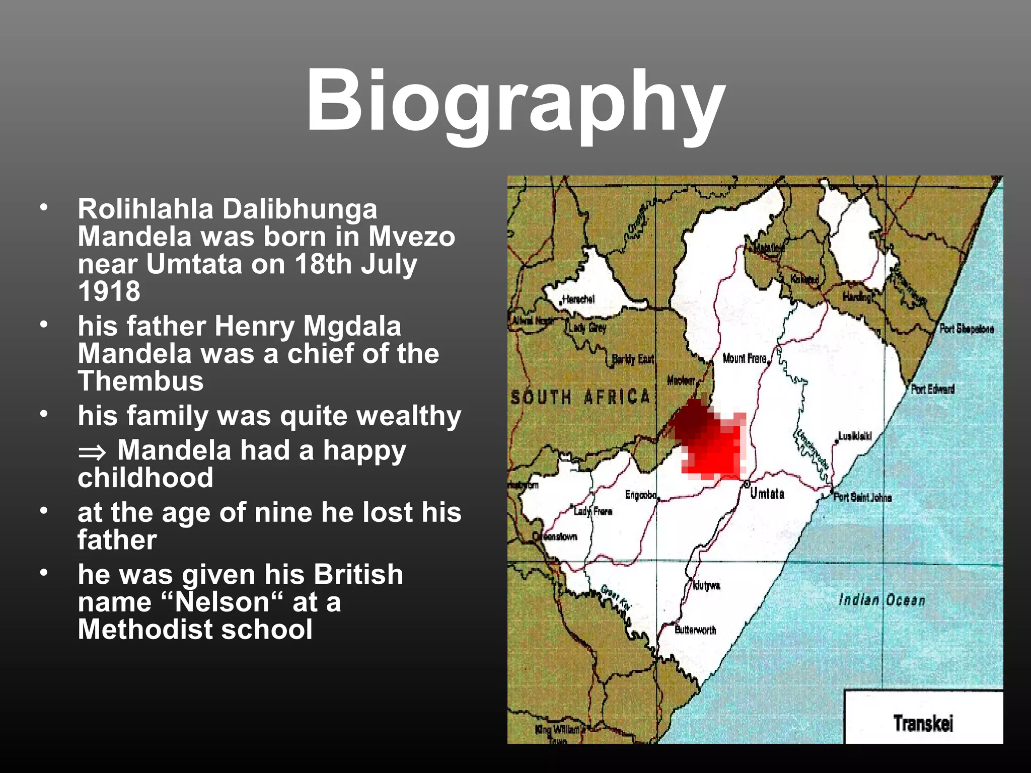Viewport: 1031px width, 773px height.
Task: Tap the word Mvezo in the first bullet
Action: pos(411,237)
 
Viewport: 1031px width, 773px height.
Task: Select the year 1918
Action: pos(109,291)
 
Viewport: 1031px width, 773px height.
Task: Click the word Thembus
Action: pos(140,381)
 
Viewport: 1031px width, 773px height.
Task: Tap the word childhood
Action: pos(145,478)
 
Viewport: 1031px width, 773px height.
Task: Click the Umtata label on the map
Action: pos(767,494)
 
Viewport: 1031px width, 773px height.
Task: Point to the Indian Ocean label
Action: pos(881,600)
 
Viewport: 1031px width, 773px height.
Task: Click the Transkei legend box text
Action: pos(923,723)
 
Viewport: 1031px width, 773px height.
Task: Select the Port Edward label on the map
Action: pos(932,389)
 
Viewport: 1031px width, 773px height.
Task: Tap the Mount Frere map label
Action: pos(745,358)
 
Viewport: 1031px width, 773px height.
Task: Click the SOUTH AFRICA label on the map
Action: pos(580,398)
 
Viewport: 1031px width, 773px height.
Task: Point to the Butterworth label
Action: pos(695,630)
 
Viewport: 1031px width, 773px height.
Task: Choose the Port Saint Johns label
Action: pos(862,498)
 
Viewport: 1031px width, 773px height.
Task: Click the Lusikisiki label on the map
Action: pos(855,436)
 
